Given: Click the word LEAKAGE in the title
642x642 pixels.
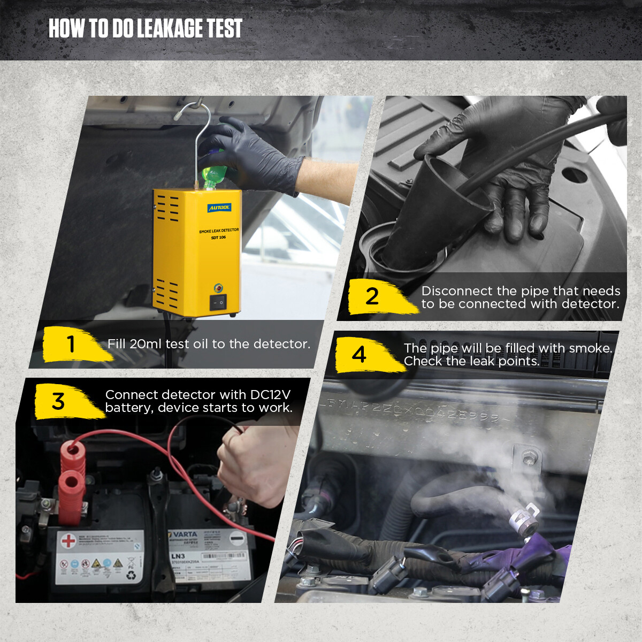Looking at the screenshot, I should click(170, 29).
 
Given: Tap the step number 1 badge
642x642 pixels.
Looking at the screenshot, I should click(71, 344).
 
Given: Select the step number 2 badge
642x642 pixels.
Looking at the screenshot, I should click(372, 296).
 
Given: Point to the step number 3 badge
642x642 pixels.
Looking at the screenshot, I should click(58, 401).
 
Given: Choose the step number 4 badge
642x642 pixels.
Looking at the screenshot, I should click(359, 355).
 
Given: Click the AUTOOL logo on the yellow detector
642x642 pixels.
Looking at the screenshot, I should click(219, 208).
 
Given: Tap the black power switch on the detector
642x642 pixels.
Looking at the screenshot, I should click(218, 302).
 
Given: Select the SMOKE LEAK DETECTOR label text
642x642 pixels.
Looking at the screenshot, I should click(219, 231).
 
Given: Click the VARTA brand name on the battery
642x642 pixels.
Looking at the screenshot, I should click(185, 534).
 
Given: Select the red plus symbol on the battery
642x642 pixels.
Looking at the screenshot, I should click(68, 541).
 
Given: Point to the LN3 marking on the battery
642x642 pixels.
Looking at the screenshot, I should click(178, 556).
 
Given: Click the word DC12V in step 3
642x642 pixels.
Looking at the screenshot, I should click(270, 395).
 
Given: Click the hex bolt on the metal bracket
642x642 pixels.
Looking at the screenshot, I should click(530, 458).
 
